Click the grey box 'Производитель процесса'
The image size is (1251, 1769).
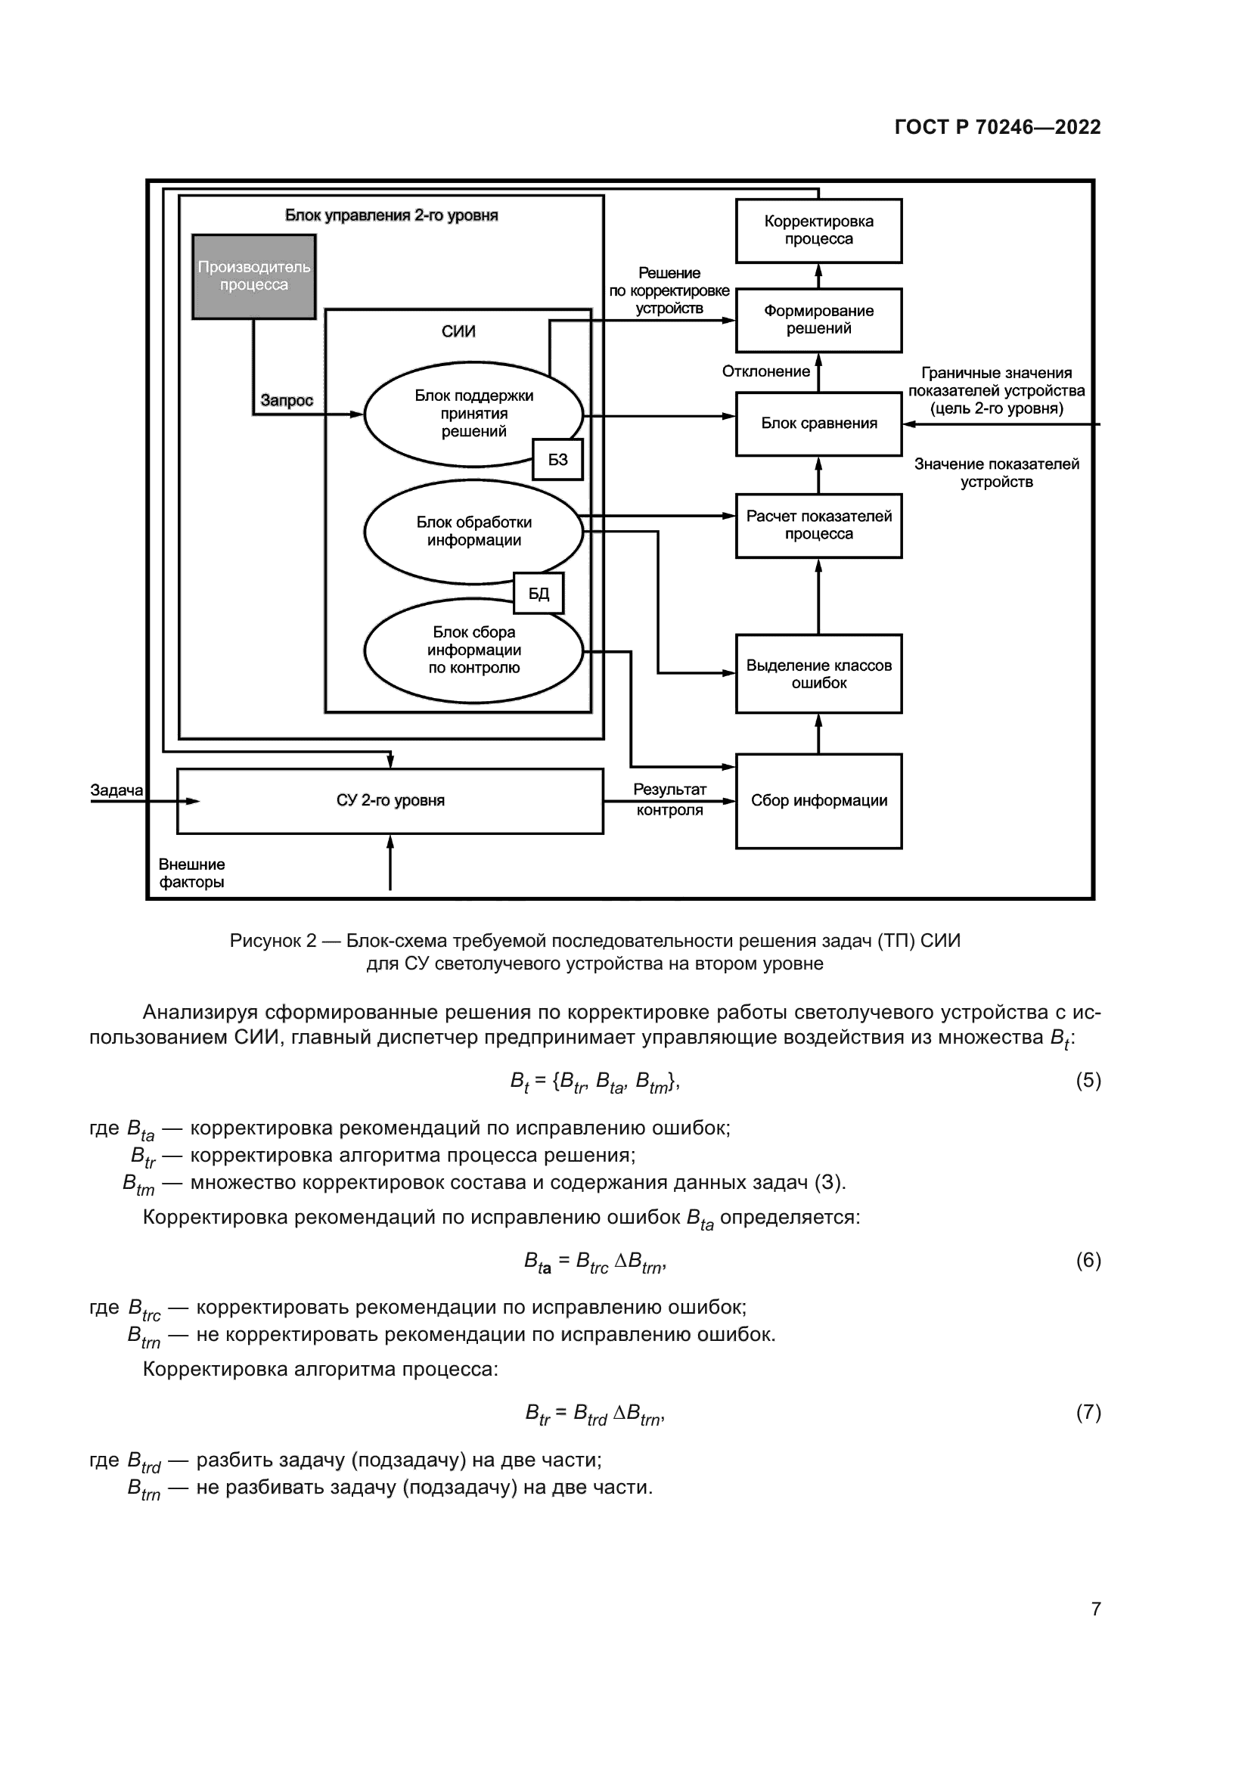(x=253, y=276)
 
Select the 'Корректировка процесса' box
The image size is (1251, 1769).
(x=818, y=231)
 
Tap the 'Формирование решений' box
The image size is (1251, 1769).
(x=818, y=320)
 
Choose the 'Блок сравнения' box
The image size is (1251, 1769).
(x=818, y=423)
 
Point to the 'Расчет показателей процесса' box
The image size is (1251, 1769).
(x=818, y=526)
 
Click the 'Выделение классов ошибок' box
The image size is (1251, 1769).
(x=818, y=673)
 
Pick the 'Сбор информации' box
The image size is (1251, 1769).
(x=818, y=800)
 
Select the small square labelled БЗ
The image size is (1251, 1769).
(x=557, y=459)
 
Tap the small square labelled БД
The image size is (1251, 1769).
(x=539, y=593)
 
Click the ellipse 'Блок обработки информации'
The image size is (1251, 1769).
(x=473, y=532)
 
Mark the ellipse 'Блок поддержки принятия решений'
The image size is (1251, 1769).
(x=473, y=414)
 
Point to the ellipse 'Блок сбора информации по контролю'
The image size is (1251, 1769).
(x=473, y=650)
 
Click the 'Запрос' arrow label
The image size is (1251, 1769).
(x=287, y=401)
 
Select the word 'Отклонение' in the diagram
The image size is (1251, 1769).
(x=765, y=371)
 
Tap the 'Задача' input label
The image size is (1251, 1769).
(x=116, y=790)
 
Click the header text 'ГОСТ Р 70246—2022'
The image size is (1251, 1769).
(x=998, y=127)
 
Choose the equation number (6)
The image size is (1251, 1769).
(x=1088, y=1261)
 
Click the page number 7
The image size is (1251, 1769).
(x=1095, y=1609)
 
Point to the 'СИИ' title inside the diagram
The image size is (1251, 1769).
(x=458, y=331)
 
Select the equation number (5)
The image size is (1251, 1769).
(x=1088, y=1080)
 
